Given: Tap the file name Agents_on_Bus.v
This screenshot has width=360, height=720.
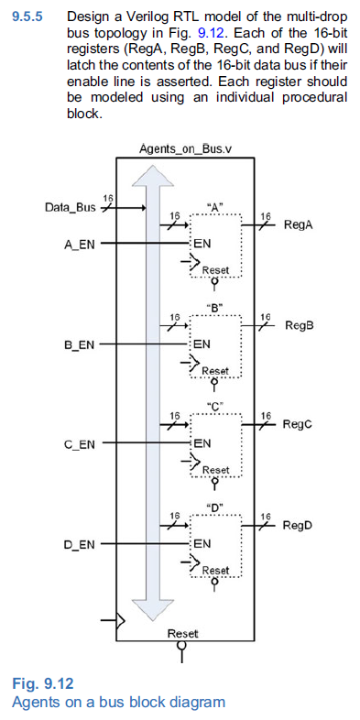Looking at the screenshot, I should coord(180,148).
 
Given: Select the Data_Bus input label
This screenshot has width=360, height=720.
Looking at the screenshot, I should coord(71,207).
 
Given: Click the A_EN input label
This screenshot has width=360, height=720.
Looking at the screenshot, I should coord(80,245).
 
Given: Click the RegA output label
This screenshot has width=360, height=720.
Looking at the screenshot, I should coord(300,224).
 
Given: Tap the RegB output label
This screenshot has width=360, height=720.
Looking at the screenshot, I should coord(300,324).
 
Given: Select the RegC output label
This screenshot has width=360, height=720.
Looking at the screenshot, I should coord(298,424).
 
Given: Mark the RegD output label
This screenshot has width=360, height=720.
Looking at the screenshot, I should coord(299,525).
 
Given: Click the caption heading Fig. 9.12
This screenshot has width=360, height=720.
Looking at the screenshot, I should coord(42,684).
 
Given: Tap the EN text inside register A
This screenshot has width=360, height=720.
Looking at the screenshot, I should coord(202,245).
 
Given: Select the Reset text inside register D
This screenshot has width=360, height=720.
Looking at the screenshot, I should coord(216,570).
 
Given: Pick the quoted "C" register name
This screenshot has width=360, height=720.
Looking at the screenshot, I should coord(215,407).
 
